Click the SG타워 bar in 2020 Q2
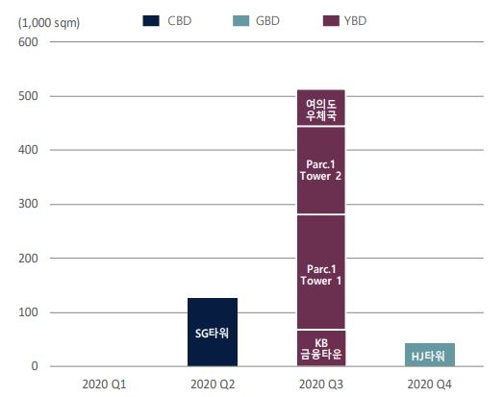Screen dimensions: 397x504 [212, 333]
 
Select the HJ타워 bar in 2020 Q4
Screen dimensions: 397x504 [430, 355]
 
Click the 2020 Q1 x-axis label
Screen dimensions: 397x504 [103, 383]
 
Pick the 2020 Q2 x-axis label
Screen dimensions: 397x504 [212, 383]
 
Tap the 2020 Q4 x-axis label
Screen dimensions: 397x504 [430, 383]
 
